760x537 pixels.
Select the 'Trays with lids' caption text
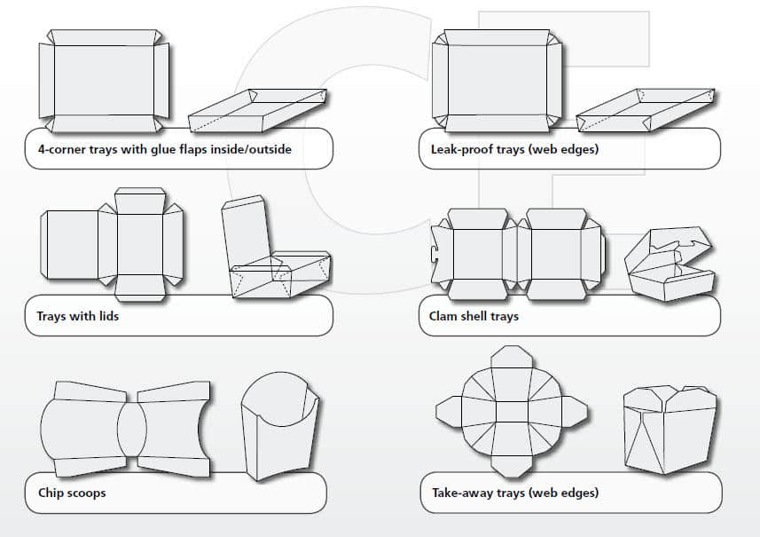pos(77,316)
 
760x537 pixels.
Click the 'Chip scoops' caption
pos(72,492)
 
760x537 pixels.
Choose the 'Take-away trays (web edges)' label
pos(514,492)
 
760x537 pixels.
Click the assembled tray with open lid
pos(275,253)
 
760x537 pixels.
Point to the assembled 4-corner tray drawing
pos(257,111)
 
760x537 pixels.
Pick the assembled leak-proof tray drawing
pos(646,111)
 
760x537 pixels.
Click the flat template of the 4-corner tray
pos(104,80)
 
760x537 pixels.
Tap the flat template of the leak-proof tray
pos(497,80)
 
